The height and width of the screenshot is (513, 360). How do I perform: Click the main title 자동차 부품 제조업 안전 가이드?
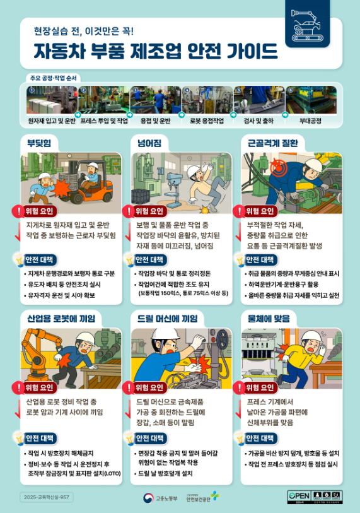click(x=156, y=50)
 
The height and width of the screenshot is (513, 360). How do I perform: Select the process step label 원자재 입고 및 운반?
click(x=52, y=119)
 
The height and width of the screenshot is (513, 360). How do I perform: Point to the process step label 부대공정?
click(x=310, y=119)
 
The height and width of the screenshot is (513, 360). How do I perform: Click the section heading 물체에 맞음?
click(x=267, y=318)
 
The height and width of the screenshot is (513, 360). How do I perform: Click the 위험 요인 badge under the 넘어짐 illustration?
click(x=150, y=211)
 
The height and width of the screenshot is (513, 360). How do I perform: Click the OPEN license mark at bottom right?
click(x=299, y=496)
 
